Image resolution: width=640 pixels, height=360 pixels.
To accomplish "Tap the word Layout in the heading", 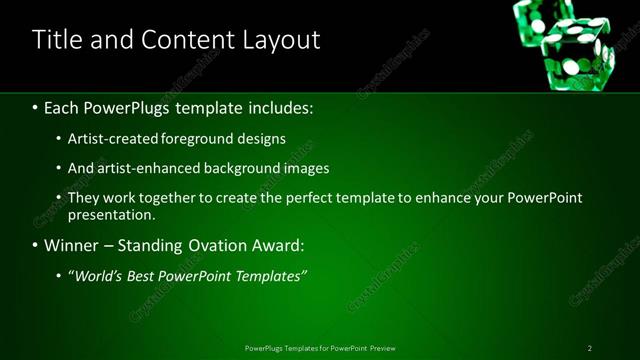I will [x=280, y=40].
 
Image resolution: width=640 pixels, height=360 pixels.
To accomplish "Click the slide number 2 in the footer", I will [x=590, y=348].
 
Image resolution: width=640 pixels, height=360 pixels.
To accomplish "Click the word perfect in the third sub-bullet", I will [x=327, y=198].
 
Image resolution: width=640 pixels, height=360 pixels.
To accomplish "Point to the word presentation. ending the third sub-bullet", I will [x=111, y=215].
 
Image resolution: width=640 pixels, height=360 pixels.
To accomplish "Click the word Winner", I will [x=73, y=245].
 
